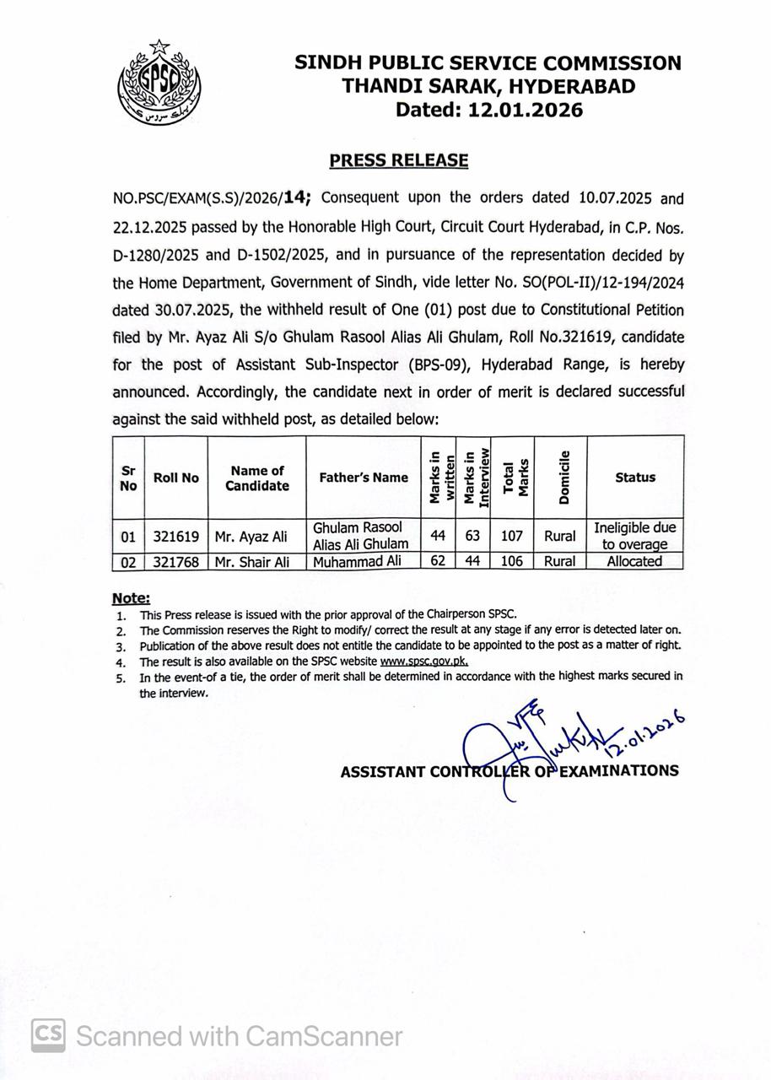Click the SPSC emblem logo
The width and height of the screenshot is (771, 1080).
pyautogui.click(x=159, y=85)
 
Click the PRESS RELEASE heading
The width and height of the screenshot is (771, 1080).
pyautogui.click(x=398, y=160)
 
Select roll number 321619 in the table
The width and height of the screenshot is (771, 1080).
pyautogui.click(x=176, y=536)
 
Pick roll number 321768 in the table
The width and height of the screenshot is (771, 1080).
pyautogui.click(x=176, y=561)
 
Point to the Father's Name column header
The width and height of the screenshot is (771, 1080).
pyautogui.click(x=364, y=478)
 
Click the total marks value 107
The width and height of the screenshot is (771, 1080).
pyautogui.click(x=511, y=536)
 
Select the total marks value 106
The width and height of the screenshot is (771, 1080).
pyautogui.click(x=511, y=561)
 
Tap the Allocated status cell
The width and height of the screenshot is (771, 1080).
pyautogui.click(x=634, y=561)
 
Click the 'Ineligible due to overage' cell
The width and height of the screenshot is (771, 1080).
pyautogui.click(x=634, y=536)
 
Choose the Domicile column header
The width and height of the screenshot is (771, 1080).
pyautogui.click(x=563, y=478)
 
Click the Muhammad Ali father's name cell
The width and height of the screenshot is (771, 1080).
pyautogui.click(x=363, y=561)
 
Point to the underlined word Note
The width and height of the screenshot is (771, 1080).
pyautogui.click(x=131, y=598)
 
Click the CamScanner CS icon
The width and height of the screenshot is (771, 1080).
pyautogui.click(x=49, y=1035)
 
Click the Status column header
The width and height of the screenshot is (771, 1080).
pyautogui.click(x=635, y=478)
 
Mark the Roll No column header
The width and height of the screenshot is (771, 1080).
pyautogui.click(x=176, y=478)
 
